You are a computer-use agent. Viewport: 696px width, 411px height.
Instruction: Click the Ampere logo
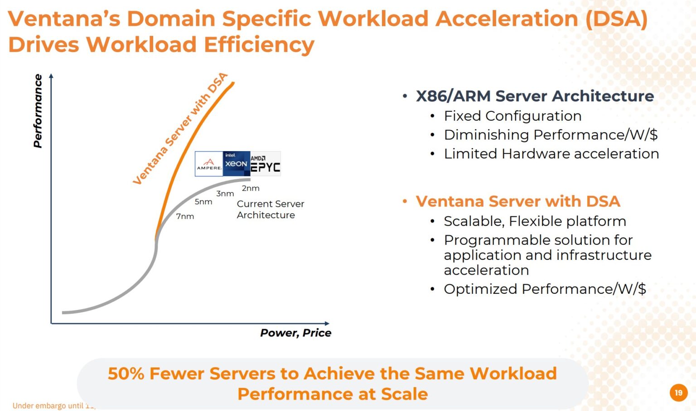point(209,164)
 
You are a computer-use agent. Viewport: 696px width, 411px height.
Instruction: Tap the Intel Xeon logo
point(236,163)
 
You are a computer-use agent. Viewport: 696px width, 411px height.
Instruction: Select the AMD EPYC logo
point(266,164)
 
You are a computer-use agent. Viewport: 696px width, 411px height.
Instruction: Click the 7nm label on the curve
point(185,216)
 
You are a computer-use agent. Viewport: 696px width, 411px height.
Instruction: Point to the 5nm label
point(203,202)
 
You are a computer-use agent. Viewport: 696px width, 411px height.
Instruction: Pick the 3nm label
point(225,194)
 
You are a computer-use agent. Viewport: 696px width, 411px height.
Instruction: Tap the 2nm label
point(251,188)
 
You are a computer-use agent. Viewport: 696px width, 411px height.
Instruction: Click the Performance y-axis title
point(38,111)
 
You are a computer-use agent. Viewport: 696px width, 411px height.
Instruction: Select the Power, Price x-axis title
point(295,333)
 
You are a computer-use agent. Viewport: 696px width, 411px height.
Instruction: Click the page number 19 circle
point(678,392)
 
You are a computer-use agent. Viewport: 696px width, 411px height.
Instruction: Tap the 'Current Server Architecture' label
point(270,210)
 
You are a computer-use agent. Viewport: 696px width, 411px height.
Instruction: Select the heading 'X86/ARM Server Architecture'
point(535,96)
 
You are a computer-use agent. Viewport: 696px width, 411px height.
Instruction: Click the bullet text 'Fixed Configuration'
point(512,116)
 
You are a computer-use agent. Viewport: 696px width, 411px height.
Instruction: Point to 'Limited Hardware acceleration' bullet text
point(551,154)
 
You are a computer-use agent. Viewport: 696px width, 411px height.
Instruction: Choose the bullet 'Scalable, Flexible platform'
point(535,221)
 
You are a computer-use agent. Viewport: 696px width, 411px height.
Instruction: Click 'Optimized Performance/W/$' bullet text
point(545,289)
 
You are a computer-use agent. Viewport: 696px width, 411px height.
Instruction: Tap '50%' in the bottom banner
point(126,373)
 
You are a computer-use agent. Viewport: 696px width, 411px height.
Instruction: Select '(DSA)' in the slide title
point(616,19)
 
